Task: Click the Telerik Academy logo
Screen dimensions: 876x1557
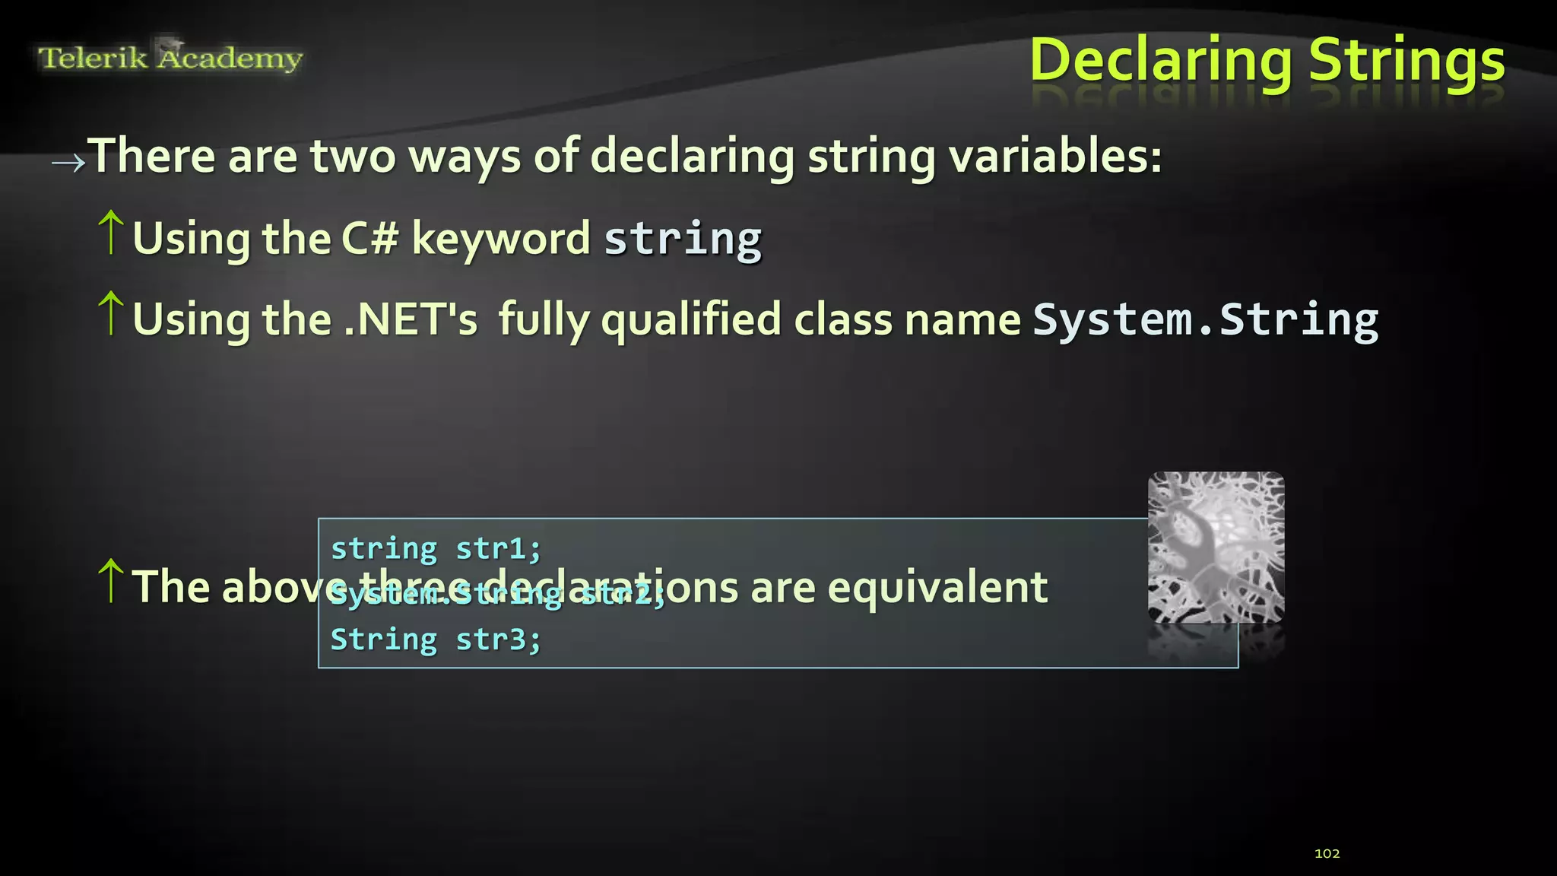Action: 170,57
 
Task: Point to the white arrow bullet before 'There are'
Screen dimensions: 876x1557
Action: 68,162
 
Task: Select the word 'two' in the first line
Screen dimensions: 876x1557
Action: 353,156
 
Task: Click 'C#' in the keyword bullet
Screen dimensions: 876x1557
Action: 369,238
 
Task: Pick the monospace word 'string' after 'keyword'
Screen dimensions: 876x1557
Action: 683,240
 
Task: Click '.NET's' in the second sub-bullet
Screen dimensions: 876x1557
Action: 411,319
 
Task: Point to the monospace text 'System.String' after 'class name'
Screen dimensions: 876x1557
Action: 1205,319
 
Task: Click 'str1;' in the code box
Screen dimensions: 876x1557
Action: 498,548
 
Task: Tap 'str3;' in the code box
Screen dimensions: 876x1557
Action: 498,640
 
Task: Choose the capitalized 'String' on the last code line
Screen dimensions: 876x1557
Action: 384,640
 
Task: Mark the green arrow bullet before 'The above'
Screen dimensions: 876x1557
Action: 111,581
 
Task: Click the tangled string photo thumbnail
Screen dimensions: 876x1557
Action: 1216,547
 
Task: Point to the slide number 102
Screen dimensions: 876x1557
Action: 1327,853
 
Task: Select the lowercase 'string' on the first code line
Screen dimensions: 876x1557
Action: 384,548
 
